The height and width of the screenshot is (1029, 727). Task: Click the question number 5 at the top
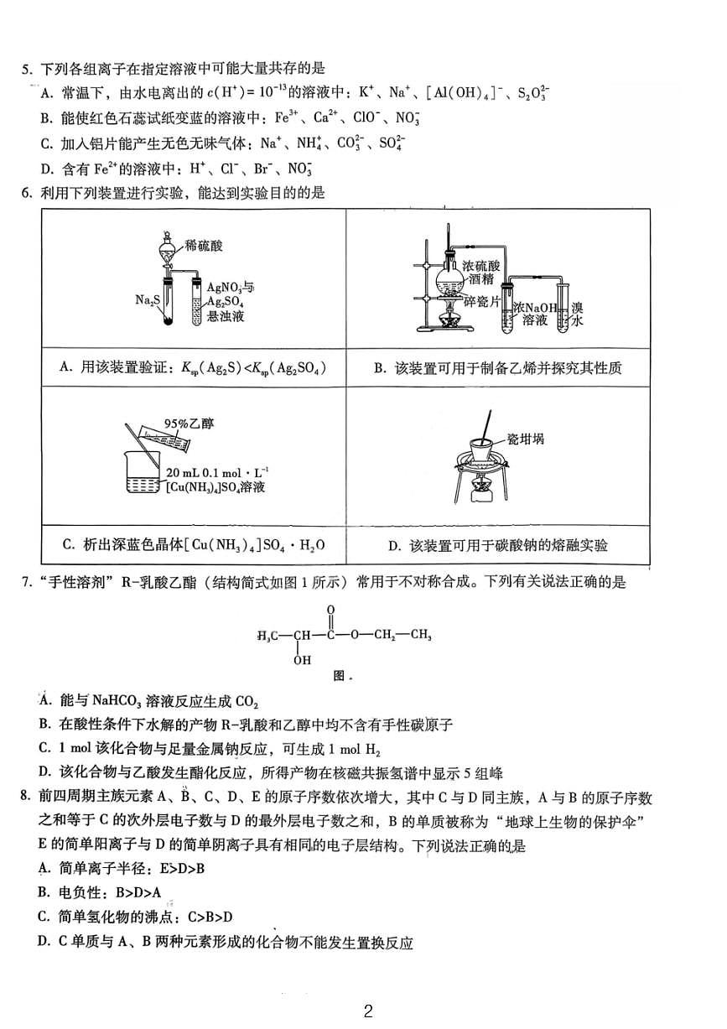(x=25, y=69)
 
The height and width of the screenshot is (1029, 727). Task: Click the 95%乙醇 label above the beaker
(x=190, y=424)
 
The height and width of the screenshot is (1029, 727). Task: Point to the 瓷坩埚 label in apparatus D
(x=525, y=438)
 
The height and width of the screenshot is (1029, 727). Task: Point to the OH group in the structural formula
(x=302, y=660)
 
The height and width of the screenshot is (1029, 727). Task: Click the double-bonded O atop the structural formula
(x=331, y=610)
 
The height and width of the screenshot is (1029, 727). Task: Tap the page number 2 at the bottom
(x=367, y=1011)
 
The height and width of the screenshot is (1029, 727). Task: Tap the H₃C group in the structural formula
(x=267, y=635)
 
